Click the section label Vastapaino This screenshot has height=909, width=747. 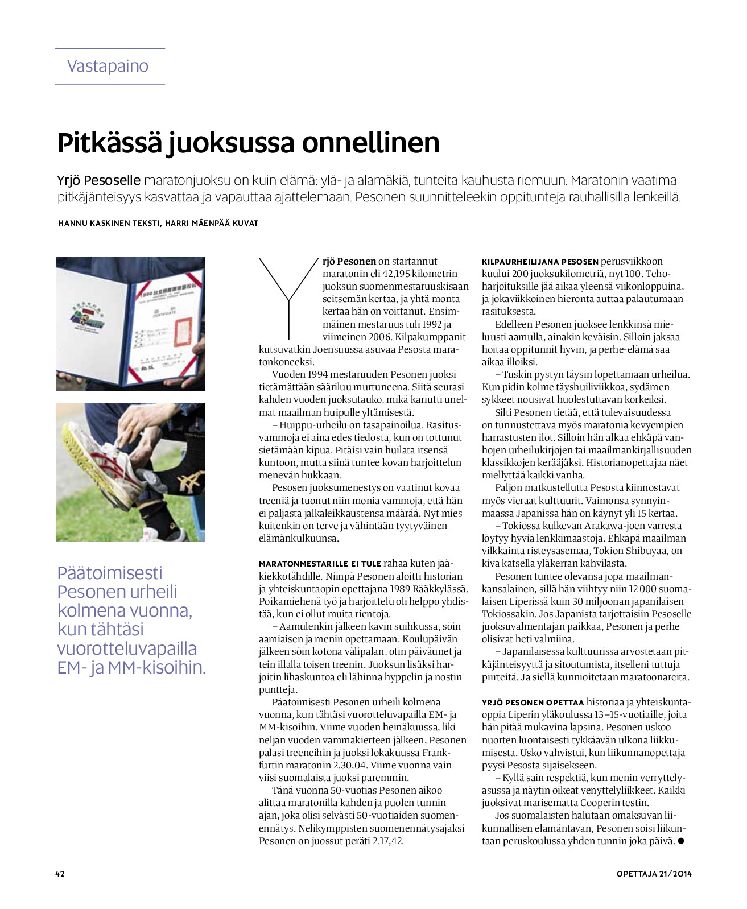point(108,66)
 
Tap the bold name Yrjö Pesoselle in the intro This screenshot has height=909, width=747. point(98,181)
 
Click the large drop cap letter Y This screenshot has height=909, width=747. point(289,296)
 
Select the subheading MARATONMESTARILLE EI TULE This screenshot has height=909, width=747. point(320,564)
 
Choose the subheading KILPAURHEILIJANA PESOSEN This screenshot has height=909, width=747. point(540,262)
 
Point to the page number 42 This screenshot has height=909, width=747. point(60,874)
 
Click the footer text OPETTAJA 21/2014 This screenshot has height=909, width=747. point(654,874)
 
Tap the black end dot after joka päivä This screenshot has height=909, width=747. point(680,841)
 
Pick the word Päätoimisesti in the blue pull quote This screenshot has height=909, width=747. point(110,573)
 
